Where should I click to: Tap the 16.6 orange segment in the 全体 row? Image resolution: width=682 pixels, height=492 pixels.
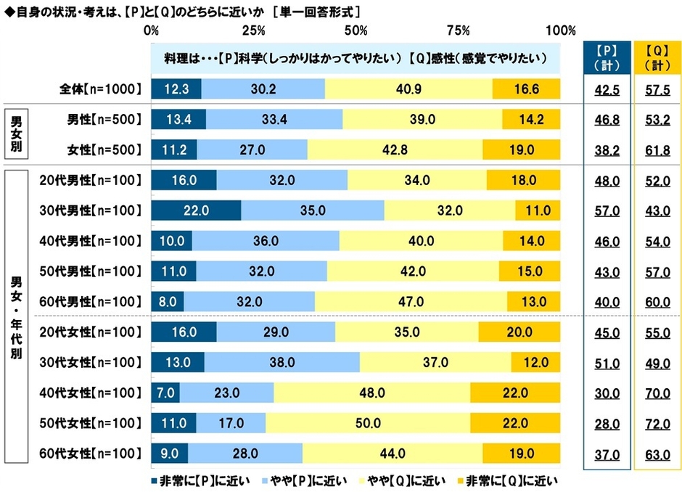click(x=526, y=89)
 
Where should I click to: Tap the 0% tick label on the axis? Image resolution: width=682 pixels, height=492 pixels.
click(x=152, y=30)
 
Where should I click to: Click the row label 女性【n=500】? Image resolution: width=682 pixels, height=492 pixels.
click(x=100, y=150)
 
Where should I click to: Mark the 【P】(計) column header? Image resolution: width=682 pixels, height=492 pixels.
click(x=604, y=56)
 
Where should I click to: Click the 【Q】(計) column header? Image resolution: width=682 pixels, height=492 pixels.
click(x=657, y=56)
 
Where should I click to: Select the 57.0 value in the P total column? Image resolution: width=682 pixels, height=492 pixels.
click(x=604, y=210)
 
